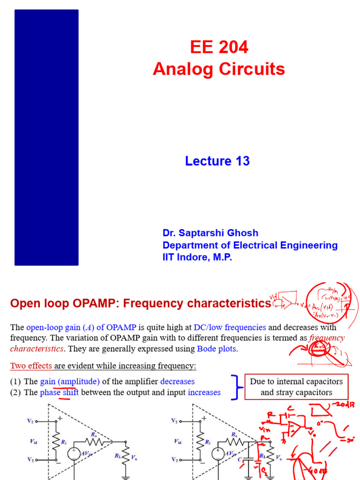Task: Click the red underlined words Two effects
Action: [31, 365]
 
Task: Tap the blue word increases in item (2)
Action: [204, 392]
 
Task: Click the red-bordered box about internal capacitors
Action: [296, 387]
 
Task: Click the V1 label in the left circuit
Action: [30, 421]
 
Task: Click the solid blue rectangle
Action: [46, 137]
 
